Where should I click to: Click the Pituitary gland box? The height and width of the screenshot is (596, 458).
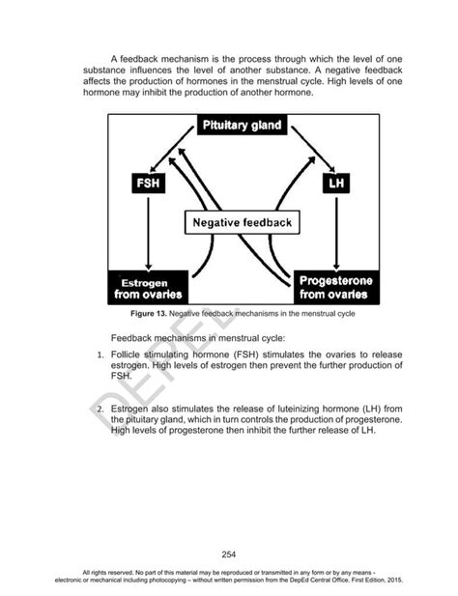click(x=240, y=127)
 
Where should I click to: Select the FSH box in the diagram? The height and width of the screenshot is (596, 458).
click(x=148, y=183)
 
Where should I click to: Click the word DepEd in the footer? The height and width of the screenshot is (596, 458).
click(x=285, y=580)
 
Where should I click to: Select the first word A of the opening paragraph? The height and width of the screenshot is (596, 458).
click(x=114, y=60)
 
